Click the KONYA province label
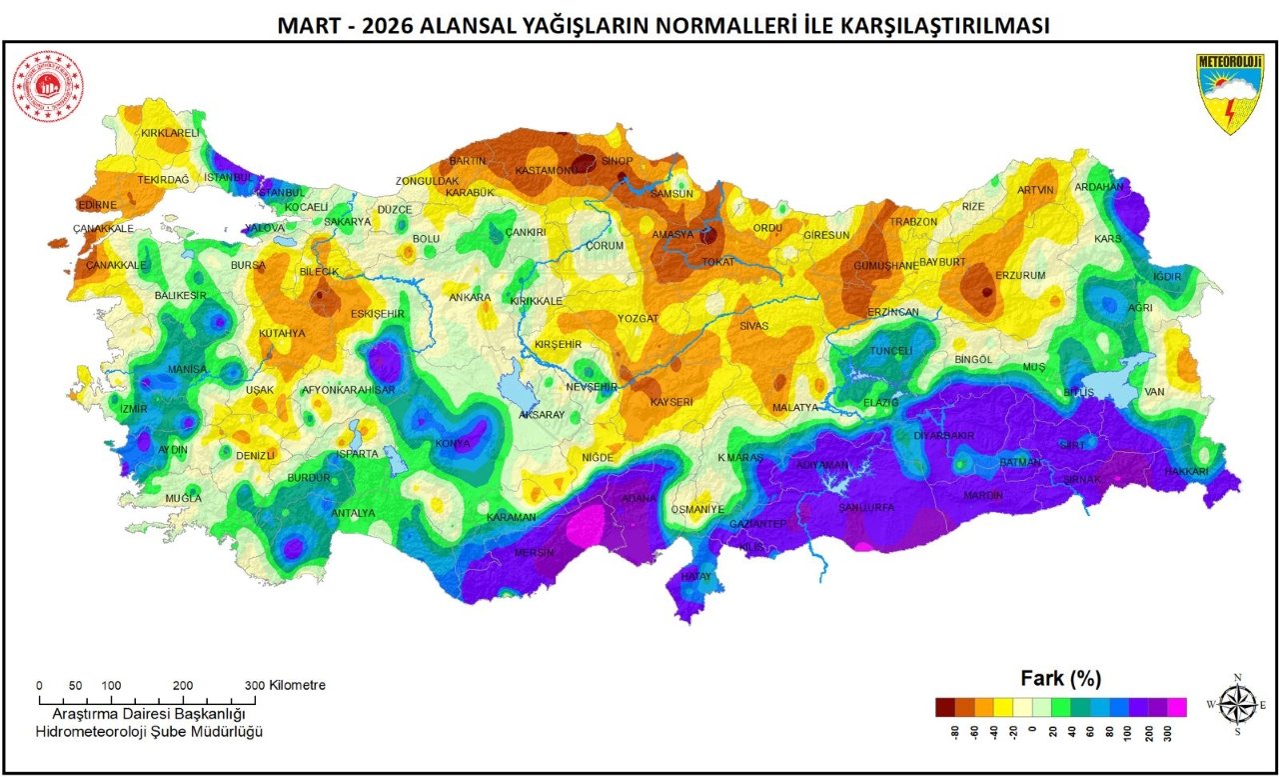pyautogui.click(x=452, y=444)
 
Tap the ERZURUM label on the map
pyautogui.click(x=1020, y=275)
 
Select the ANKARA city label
pyautogui.click(x=470, y=297)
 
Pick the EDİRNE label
pyautogui.click(x=97, y=205)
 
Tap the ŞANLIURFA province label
pyautogui.click(x=865, y=507)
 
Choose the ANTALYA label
pyautogui.click(x=353, y=513)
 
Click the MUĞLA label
pyautogui.click(x=184, y=497)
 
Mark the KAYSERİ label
pyautogui.click(x=671, y=401)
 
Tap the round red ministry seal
pyautogui.click(x=48, y=87)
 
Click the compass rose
pyautogui.click(x=1237, y=703)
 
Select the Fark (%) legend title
pyautogui.click(x=1060, y=678)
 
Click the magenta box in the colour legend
pyautogui.click(x=1176, y=707)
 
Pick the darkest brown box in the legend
pyautogui.click(x=945, y=707)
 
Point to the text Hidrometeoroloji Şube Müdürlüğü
pyautogui.click(x=148, y=733)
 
